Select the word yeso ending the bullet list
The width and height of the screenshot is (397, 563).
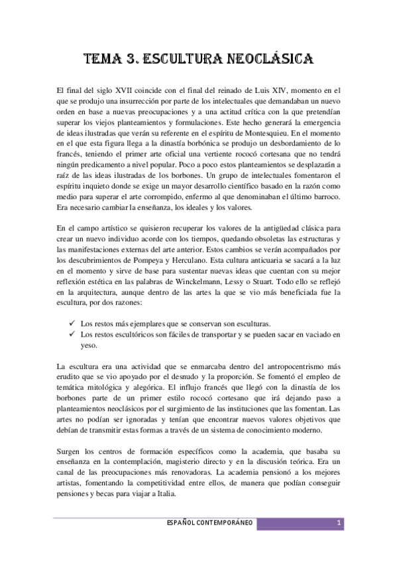point(88,346)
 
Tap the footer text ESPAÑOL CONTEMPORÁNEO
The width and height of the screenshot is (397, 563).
point(211,524)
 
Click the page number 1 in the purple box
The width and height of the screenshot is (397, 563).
point(338,524)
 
